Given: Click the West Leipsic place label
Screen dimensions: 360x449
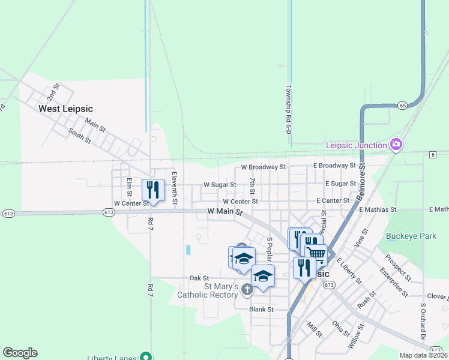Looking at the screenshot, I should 65,109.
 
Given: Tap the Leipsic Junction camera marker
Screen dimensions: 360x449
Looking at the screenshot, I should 396,144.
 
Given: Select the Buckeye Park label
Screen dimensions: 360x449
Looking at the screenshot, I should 411,236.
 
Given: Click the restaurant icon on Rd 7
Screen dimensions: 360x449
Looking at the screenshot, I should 153,190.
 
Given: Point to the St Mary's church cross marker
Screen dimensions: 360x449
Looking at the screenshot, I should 247,290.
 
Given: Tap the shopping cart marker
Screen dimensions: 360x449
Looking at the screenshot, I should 316,254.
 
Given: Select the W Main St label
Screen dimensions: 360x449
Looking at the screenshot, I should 225,212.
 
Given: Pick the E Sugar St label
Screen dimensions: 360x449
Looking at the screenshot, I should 340,183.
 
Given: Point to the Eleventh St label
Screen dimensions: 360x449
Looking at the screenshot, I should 174,189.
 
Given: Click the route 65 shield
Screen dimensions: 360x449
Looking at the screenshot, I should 402,106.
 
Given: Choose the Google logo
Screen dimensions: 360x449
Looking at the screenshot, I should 20,352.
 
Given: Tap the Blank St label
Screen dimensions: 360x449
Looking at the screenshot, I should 262,310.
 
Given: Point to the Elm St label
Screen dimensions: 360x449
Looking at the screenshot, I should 129,187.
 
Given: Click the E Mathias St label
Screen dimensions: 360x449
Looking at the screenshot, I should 378,209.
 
